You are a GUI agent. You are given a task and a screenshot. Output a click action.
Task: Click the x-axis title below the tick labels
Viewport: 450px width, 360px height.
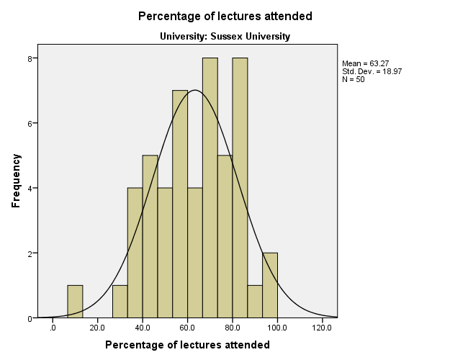click(x=187, y=345)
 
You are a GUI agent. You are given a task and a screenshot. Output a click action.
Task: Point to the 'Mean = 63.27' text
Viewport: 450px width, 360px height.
click(x=366, y=64)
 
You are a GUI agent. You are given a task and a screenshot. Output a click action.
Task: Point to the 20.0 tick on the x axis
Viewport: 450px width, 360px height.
click(x=97, y=328)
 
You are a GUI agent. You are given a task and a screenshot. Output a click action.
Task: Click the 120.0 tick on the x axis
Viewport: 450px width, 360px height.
click(x=322, y=328)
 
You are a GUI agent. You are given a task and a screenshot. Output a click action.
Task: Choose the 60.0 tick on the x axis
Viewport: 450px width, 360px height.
click(x=187, y=328)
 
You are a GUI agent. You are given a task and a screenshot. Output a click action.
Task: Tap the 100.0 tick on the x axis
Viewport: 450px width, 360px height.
click(x=277, y=328)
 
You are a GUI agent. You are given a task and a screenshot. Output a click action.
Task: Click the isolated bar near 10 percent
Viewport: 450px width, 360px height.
click(x=75, y=302)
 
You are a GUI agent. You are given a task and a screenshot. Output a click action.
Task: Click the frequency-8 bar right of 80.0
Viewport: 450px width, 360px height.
click(x=240, y=188)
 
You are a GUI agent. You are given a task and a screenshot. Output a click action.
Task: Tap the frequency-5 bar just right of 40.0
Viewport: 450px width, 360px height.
click(x=150, y=237)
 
